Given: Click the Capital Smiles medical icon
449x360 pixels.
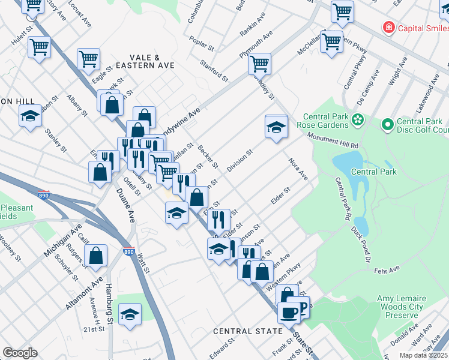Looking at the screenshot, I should tap(389, 28).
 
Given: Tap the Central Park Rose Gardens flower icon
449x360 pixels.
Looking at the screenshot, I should tap(358, 119).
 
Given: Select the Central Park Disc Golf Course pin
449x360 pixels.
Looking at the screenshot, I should tap(387, 124).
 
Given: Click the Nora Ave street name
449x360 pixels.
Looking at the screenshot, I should tap(298, 169).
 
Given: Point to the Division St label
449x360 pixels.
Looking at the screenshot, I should tap(240, 160).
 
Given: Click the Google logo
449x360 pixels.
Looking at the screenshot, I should tap(20, 353).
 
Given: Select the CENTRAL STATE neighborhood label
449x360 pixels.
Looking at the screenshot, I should tap(248, 331).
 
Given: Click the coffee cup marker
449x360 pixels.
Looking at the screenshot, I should tap(289, 312).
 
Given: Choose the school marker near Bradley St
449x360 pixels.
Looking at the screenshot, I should tap(276, 127).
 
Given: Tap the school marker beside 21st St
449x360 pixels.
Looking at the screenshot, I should tap(130, 314).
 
